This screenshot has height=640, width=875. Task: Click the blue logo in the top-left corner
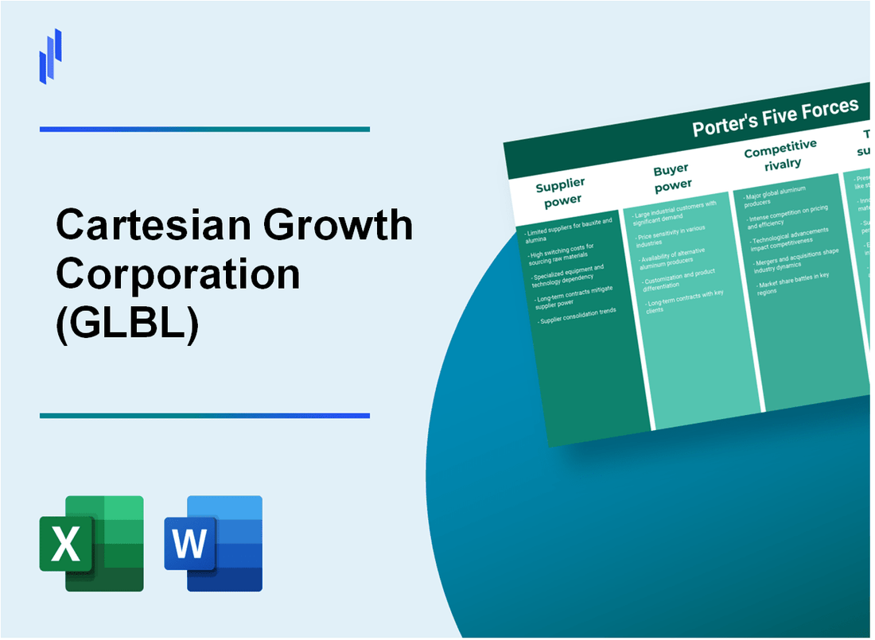(51, 56)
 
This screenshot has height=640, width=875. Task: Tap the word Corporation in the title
(178, 274)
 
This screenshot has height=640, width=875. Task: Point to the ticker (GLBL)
(126, 321)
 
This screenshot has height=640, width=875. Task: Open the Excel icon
(91, 543)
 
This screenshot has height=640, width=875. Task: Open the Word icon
(213, 543)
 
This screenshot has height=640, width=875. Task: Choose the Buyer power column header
(671, 176)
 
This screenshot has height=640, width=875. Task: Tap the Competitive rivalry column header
(780, 154)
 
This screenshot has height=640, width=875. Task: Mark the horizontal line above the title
(204, 129)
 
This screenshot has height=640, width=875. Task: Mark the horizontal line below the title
(204, 415)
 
